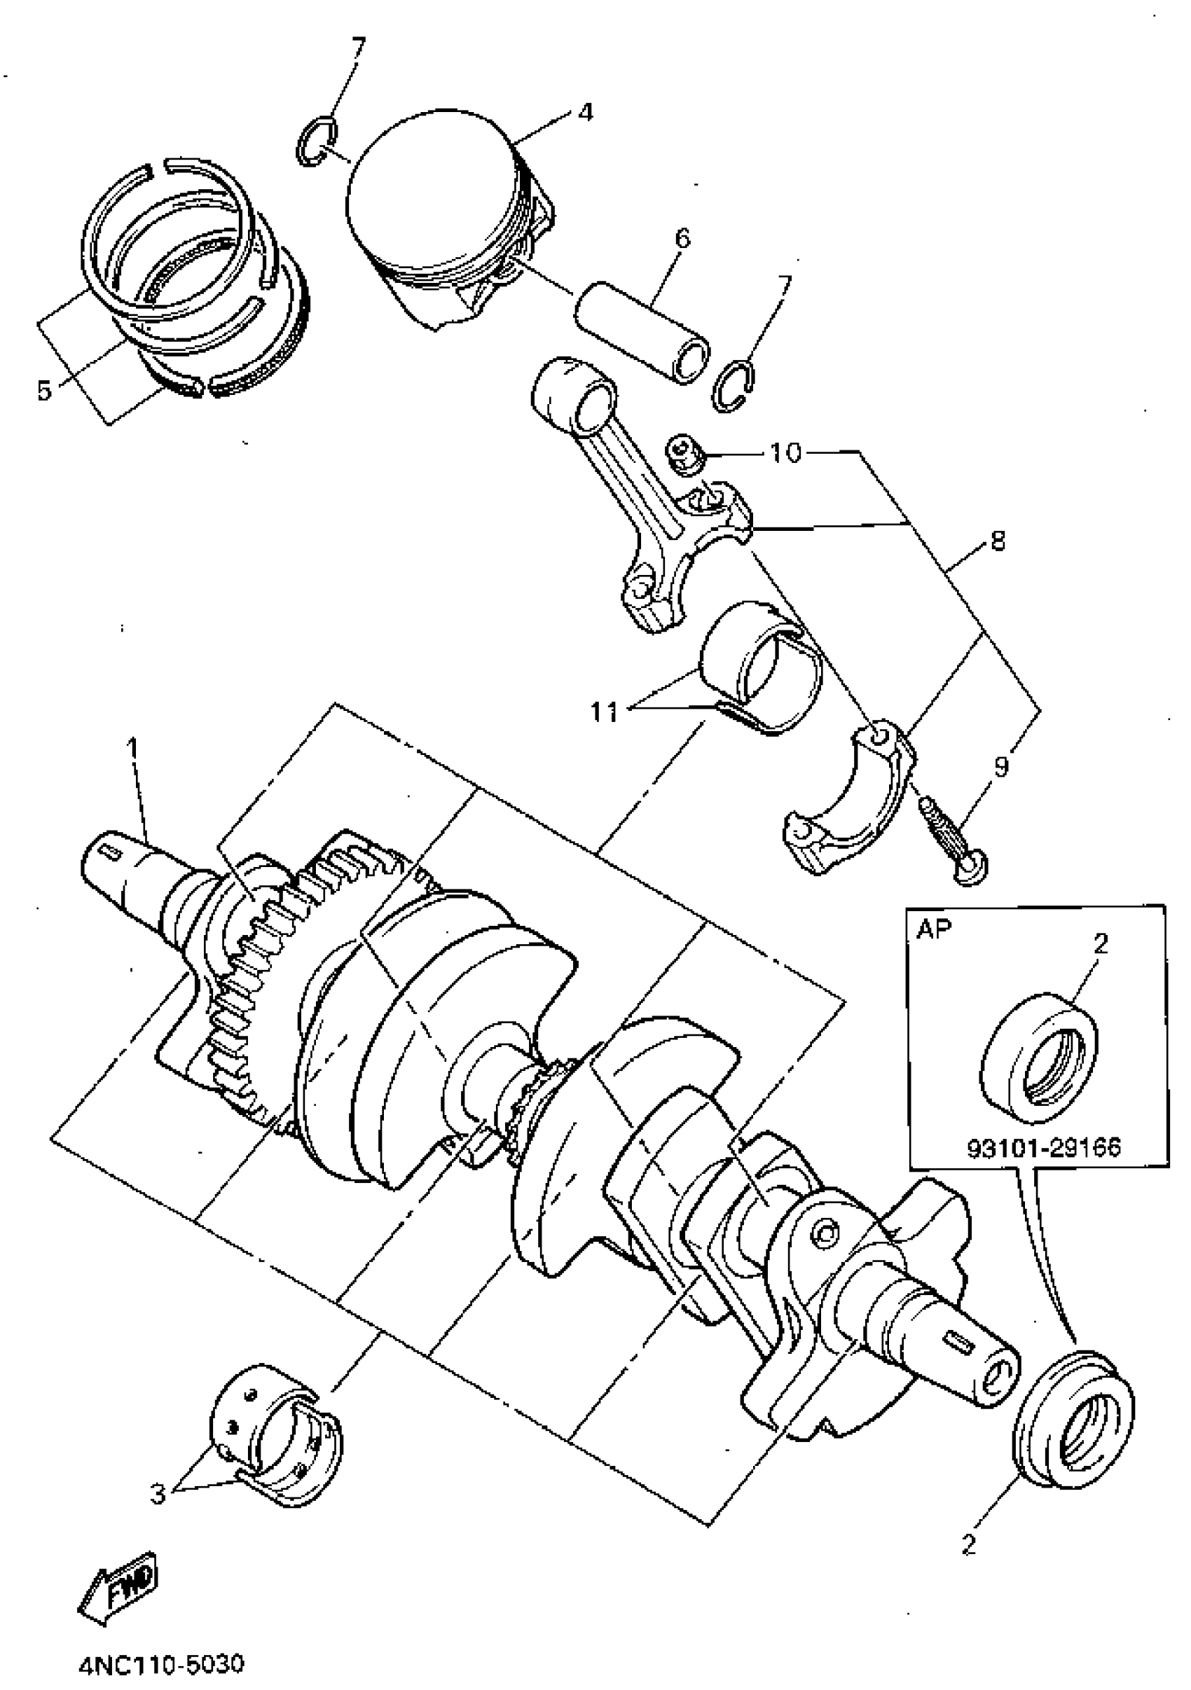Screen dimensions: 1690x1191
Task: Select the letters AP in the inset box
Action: coord(932,929)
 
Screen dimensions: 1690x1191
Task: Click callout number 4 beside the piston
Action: coord(584,113)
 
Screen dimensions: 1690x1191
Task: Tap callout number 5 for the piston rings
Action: coord(46,391)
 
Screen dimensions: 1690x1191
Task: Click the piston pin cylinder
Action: coord(642,333)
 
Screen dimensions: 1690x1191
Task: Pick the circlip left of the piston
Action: coord(317,142)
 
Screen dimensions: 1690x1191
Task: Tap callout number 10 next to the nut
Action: coord(785,452)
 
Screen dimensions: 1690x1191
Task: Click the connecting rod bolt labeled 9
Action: coord(954,839)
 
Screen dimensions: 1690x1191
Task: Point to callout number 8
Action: coord(998,543)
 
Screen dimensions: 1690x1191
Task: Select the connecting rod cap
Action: coord(851,803)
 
